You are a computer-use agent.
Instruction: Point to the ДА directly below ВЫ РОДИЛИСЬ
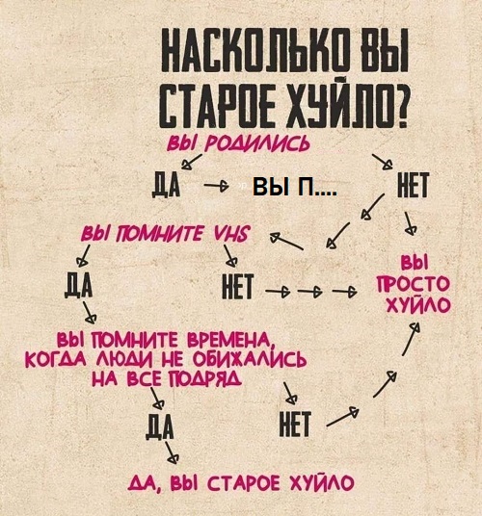166,186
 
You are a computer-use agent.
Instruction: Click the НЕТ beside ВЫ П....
413,186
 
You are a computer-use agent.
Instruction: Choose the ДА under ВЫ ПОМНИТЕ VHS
78,287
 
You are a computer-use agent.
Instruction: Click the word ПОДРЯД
205,379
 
